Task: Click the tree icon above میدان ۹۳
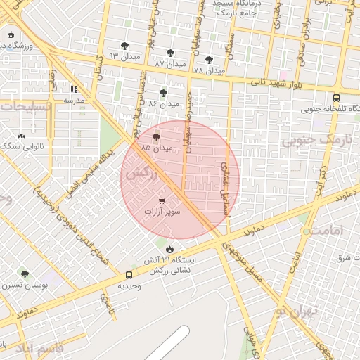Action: [124, 46]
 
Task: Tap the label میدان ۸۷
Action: [169, 63]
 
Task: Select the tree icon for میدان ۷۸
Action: [209, 60]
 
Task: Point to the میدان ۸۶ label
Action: [163, 103]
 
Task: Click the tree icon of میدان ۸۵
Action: [156, 138]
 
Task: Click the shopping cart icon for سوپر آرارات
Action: [163, 200]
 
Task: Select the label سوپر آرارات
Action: [163, 211]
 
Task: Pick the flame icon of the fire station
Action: [169, 249]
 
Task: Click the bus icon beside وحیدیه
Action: [129, 275]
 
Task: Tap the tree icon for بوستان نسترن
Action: [25, 274]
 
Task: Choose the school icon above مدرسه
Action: [74, 89]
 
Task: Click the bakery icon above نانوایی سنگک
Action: [21, 136]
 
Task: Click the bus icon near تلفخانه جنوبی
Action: [337, 98]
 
